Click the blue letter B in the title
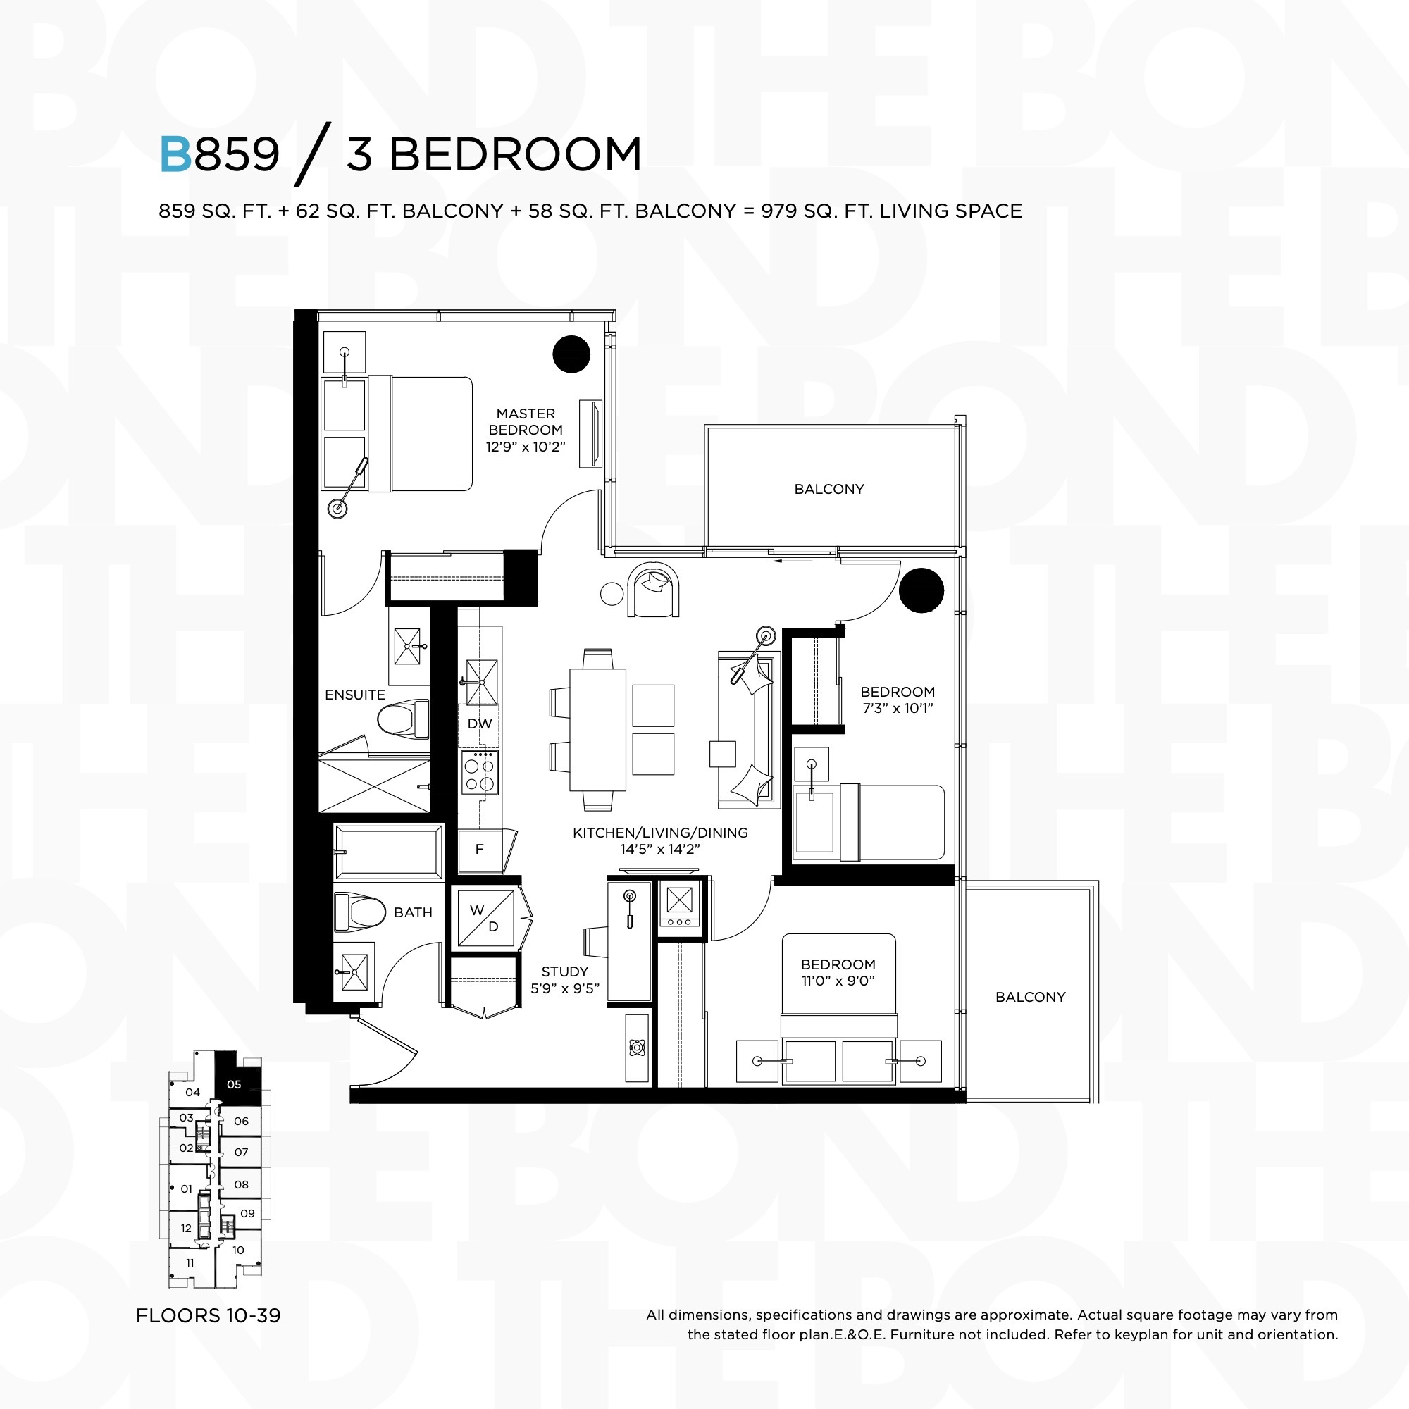[x=175, y=154]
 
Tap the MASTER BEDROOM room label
[x=525, y=421]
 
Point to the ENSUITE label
[x=355, y=695]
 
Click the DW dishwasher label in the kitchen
[x=480, y=724]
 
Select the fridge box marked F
[x=479, y=850]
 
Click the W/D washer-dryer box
[x=485, y=918]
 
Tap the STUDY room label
[x=564, y=972]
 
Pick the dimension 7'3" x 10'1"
[x=897, y=708]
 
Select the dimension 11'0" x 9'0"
[x=838, y=981]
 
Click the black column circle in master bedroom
[x=571, y=354]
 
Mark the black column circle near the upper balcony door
[x=921, y=590]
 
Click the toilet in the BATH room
[x=359, y=912]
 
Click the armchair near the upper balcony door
[x=654, y=590]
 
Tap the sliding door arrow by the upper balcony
[x=791, y=561]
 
